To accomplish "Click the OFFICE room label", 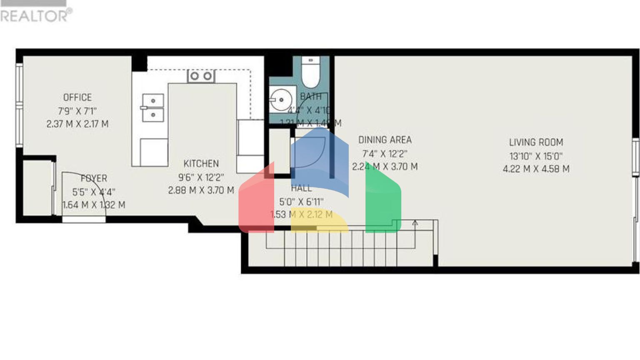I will tap(77, 97).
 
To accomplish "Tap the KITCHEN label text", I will tap(201, 164).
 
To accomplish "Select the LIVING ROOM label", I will tap(536, 142).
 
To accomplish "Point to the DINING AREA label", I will tap(385, 140).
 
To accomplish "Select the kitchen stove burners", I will tap(201, 76).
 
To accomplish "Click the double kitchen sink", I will tap(153, 107).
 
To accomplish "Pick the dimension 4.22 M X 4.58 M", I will tap(536, 169).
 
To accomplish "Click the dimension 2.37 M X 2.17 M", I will tap(77, 124).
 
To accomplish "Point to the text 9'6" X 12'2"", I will tap(201, 177).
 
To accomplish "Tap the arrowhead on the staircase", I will tap(415, 223).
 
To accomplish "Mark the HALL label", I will tap(301, 188).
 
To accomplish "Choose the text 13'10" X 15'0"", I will tap(536, 156).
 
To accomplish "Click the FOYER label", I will tap(94, 179).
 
